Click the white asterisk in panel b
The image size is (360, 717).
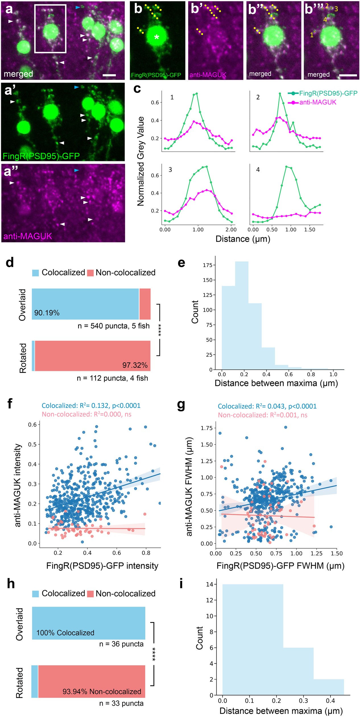156,37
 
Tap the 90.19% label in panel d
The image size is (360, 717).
47,313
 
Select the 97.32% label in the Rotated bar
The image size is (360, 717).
135,365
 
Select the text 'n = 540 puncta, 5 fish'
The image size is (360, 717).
113,326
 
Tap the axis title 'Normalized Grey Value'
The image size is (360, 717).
141,161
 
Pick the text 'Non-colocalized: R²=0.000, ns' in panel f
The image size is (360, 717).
86,414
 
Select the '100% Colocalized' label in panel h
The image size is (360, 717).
65,633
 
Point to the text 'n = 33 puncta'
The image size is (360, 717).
121,703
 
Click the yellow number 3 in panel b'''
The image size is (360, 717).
336,9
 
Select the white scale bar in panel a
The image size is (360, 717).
109,75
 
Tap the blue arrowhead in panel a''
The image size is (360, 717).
76,170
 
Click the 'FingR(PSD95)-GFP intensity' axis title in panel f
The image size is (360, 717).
102,565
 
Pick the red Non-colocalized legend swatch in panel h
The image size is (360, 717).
90,594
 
